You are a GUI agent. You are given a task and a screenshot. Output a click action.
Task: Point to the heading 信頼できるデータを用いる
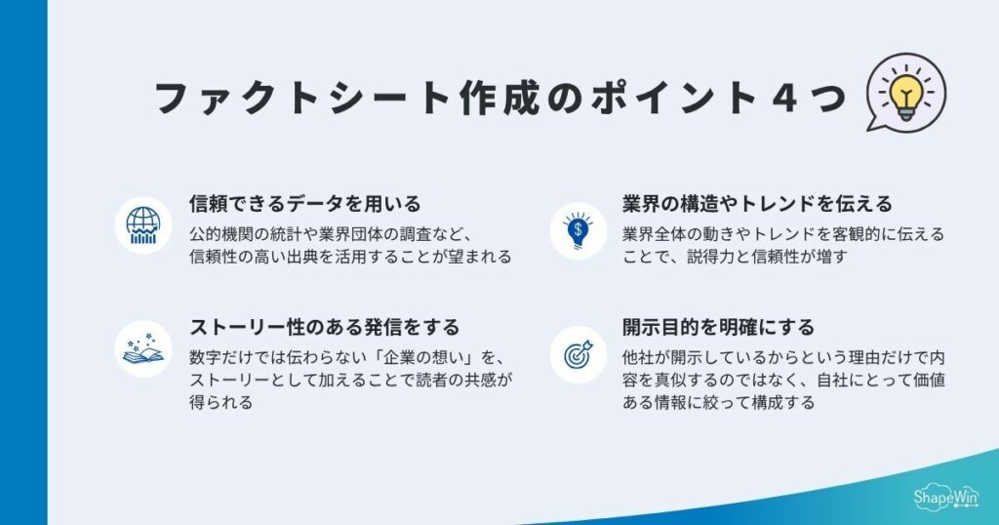click(x=304, y=204)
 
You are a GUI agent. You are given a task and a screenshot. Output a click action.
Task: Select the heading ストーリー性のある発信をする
click(x=324, y=327)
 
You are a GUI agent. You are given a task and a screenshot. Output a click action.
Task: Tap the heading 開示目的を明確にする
click(x=718, y=327)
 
